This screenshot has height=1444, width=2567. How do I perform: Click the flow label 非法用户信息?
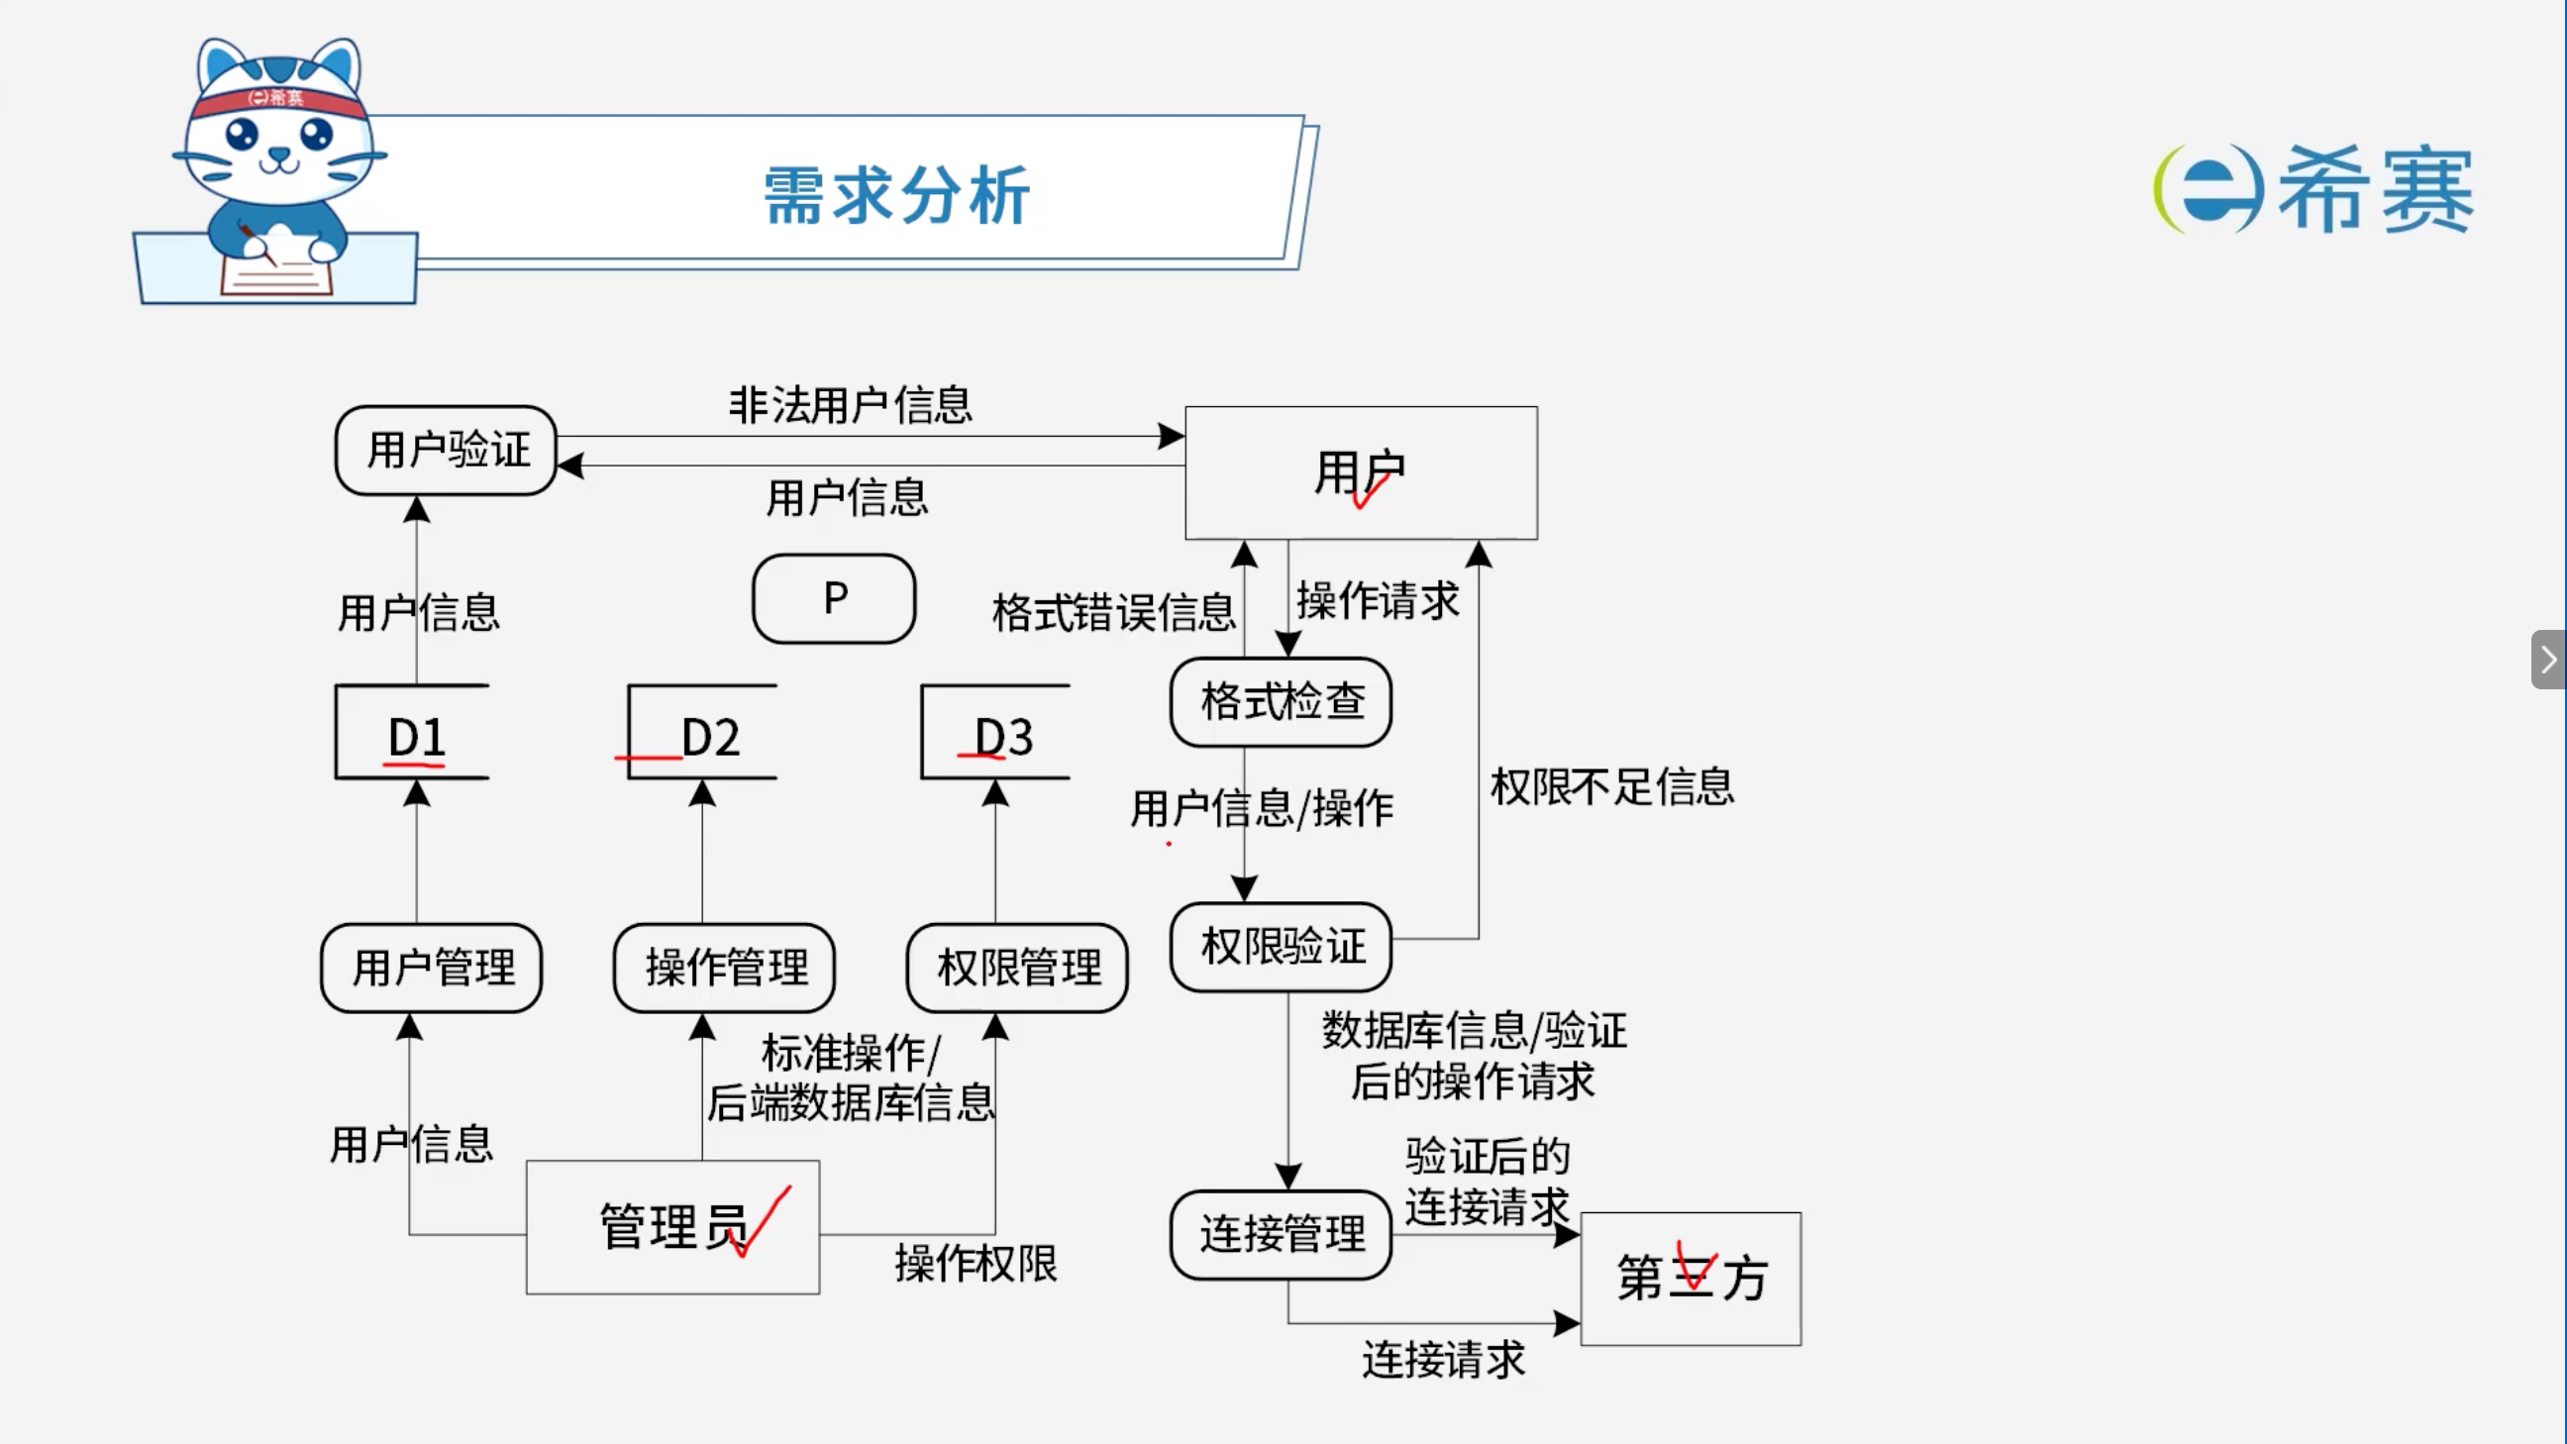pyautogui.click(x=850, y=406)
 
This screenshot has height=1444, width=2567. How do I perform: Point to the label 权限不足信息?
pyautogui.click(x=1612, y=786)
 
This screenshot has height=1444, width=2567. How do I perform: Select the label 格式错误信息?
pyautogui.click(x=1114, y=612)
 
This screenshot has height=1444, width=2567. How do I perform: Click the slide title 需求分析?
pyautogui.click(x=897, y=195)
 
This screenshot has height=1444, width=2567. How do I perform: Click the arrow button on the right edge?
pyautogui.click(x=2548, y=659)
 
